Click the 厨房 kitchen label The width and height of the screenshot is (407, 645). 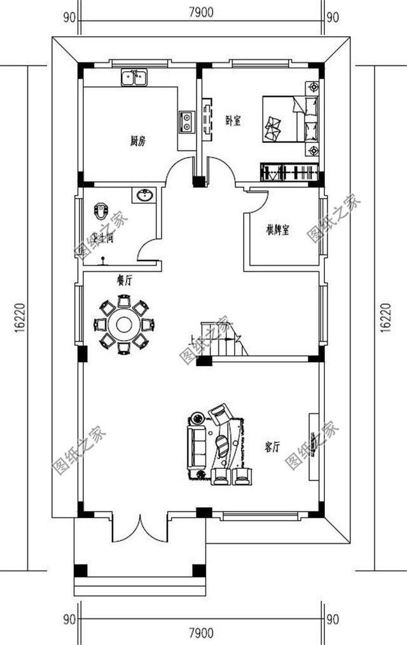(137, 142)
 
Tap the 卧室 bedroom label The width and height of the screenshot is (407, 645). (233, 121)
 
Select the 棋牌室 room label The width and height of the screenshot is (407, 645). (278, 230)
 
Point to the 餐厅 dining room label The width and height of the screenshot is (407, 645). (124, 282)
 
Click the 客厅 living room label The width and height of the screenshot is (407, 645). (272, 447)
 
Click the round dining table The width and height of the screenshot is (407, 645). (123, 325)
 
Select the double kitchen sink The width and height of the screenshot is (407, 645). (134, 78)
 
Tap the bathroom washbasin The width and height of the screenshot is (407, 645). (143, 194)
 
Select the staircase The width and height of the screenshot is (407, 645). (222, 341)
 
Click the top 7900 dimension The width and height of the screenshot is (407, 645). (200, 11)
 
